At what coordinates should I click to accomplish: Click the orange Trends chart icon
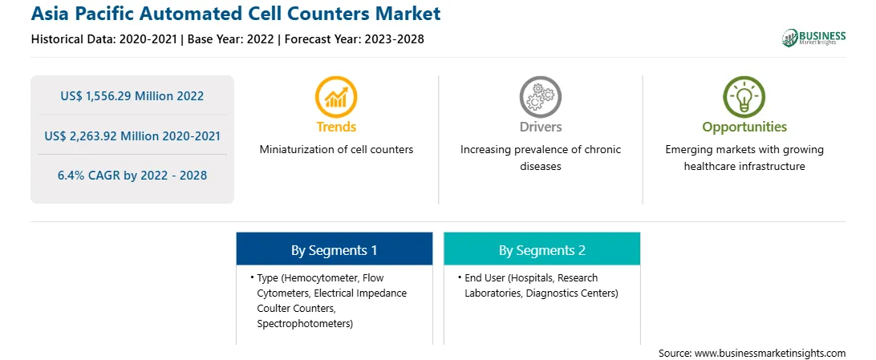point(336,97)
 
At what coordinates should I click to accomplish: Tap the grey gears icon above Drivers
point(540,97)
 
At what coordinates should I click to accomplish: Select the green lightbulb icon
point(744,97)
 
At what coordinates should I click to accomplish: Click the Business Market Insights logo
point(814,38)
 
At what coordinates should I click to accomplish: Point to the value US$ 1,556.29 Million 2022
point(132,96)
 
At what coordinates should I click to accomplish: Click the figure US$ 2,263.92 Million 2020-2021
point(132,136)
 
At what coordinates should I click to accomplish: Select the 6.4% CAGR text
point(132,176)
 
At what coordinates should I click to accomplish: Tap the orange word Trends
point(336,127)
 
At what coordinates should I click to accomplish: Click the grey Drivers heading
point(540,127)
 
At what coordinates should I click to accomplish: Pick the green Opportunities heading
point(744,127)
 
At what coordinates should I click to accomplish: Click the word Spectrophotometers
point(305,324)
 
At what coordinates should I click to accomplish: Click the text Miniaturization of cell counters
point(336,150)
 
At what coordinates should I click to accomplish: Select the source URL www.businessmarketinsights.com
point(770,354)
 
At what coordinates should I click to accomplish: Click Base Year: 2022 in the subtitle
point(231,39)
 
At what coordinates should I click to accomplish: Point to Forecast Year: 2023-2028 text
point(355,39)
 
